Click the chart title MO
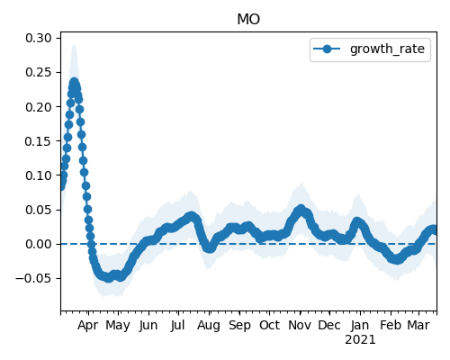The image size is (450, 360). coord(248,20)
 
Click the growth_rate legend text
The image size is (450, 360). coord(387,49)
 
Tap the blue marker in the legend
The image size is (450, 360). coord(327,49)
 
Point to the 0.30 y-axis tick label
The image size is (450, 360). coord(39,38)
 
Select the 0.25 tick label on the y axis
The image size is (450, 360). coord(39,72)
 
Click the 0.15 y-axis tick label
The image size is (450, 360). coord(39,141)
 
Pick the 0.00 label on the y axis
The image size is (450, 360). coord(39,244)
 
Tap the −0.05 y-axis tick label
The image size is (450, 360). coord(33,278)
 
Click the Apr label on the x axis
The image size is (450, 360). coord(87,326)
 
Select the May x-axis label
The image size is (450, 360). coord(118,326)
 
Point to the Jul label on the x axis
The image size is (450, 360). coord(177,325)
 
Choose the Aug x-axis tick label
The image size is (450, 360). coord(209,326)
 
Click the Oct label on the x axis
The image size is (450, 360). coord(269,325)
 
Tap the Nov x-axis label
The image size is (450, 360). coord(300,325)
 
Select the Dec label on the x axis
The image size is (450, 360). coord(329,325)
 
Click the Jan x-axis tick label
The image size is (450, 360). coord(360,325)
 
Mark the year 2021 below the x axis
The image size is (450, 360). coord(360,340)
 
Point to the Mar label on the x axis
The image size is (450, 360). coord(418,325)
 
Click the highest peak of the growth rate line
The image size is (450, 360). coord(74,82)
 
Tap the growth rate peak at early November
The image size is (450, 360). coord(301,209)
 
